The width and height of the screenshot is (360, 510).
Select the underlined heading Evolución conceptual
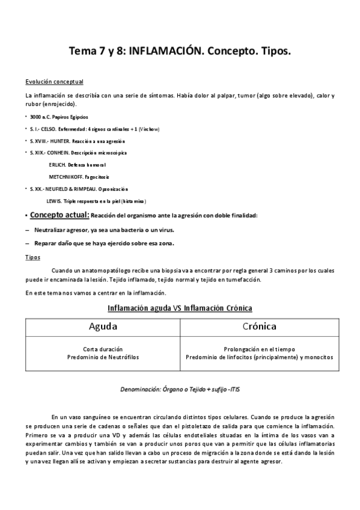pos(54,82)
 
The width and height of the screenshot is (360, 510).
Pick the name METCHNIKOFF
pos(73,177)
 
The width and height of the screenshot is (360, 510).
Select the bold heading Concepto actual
pos(59,215)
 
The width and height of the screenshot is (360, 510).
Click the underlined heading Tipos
pos(33,257)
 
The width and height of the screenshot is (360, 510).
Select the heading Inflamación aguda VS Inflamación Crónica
pos(180,308)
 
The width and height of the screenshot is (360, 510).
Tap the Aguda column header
pos(103,327)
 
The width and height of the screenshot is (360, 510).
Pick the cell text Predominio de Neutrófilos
pos(103,357)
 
